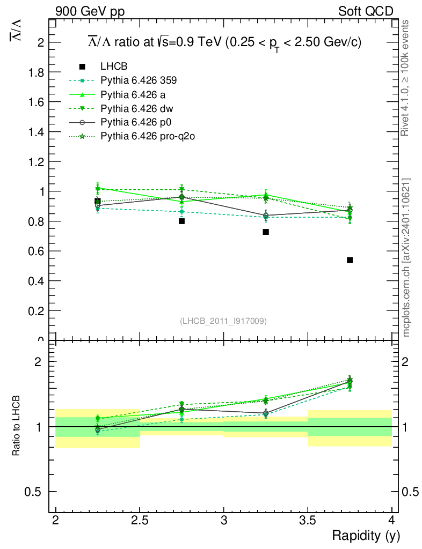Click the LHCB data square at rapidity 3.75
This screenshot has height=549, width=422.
click(x=350, y=260)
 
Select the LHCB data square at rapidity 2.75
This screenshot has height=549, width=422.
click(x=182, y=221)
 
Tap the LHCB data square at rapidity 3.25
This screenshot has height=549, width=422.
click(x=266, y=232)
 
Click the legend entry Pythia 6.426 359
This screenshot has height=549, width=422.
click(x=139, y=80)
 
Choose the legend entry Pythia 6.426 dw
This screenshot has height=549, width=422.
click(x=137, y=108)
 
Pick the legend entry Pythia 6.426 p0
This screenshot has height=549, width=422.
click(x=136, y=122)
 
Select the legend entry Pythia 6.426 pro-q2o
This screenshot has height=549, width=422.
click(x=147, y=136)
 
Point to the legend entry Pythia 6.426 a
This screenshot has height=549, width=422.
click(x=134, y=94)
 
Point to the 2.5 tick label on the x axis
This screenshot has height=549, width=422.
click(x=140, y=520)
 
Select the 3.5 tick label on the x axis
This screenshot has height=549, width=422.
click(x=308, y=520)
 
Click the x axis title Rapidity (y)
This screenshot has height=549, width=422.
click(x=366, y=535)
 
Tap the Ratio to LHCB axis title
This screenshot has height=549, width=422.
click(x=17, y=426)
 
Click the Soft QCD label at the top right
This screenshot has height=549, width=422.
click(x=366, y=11)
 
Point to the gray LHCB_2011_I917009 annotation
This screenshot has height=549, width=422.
click(x=223, y=321)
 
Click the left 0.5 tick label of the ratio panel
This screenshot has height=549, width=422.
click(x=36, y=492)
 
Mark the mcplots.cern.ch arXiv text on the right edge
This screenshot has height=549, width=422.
click(x=406, y=257)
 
